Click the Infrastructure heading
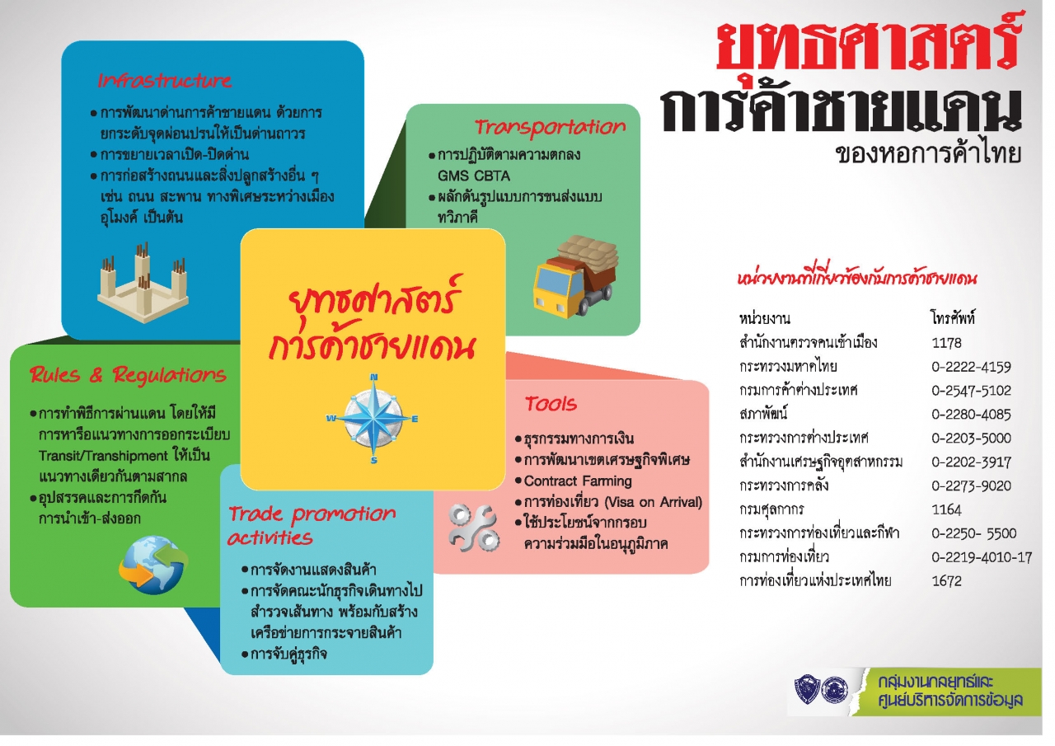pos(165,81)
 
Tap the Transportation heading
pos(550,127)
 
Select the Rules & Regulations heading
pos(128,375)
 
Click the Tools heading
pos(551,404)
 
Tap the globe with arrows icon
pos(152,565)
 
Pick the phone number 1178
pos(946,343)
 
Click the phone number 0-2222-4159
pos(971,367)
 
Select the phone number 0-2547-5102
pos(971,391)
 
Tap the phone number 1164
pos(946,509)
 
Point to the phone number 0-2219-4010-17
pos(982,557)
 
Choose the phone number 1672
pos(946,581)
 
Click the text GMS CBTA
pos(474,176)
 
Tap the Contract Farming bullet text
pos(578,481)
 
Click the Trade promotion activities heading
pos(311,525)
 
